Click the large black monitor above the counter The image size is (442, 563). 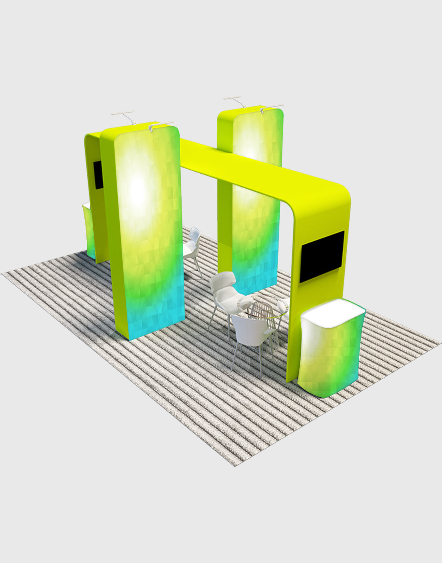[x=322, y=256]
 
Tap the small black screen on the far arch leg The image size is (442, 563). [x=98, y=175]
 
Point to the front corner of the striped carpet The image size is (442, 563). [x=235, y=465]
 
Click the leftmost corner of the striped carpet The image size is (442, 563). [x=3, y=274]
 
